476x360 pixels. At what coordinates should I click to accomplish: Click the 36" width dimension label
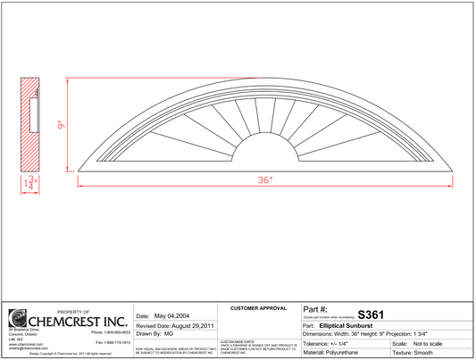pyautogui.click(x=264, y=180)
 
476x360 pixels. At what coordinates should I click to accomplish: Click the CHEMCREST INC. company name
pyautogui.click(x=79, y=319)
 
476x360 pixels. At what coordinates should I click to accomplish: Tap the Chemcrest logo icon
pyautogui.click(x=17, y=319)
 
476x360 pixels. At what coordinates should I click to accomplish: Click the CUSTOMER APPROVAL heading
pyautogui.click(x=257, y=307)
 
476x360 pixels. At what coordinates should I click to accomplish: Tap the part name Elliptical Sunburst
pyautogui.click(x=349, y=326)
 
